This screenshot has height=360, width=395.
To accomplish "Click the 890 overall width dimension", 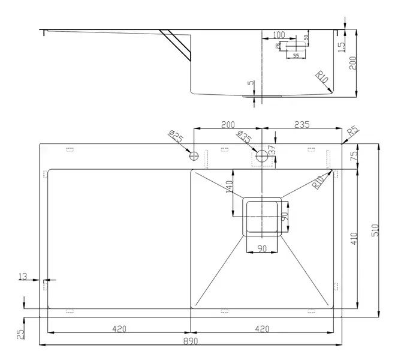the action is (191, 341).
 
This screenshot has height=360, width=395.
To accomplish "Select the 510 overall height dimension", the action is (375, 230).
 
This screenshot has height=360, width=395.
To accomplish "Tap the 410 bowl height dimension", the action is (354, 238).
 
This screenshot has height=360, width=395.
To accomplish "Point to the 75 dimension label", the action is (354, 155).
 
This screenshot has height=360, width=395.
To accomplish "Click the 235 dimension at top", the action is (301, 125).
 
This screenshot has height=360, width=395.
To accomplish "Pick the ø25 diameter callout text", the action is (176, 137).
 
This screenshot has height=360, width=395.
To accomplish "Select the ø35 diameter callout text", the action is (243, 137).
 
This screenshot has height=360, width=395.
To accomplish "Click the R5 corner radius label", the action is (352, 131).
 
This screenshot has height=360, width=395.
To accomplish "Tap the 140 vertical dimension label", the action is (229, 187).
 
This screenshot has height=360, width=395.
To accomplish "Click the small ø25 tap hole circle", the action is (194, 157).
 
